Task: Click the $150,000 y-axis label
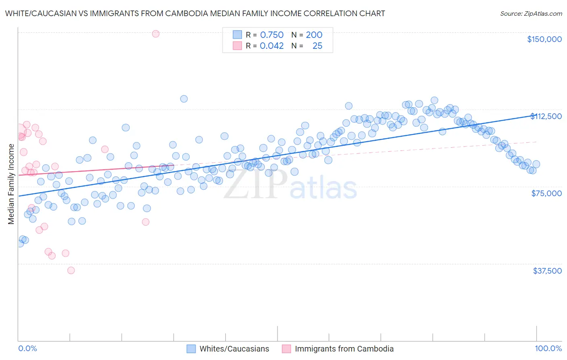(544, 39)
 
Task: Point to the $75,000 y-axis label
(546, 193)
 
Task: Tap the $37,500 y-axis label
(547, 271)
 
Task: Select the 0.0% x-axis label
(27, 348)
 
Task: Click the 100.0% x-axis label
(548, 348)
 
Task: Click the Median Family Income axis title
(11, 184)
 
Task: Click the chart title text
(195, 13)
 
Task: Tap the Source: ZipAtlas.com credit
(531, 13)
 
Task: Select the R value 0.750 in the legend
(272, 35)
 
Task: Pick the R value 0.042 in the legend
(272, 46)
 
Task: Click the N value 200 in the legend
(314, 35)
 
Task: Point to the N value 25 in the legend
(317, 46)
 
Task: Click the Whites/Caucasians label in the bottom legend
(234, 349)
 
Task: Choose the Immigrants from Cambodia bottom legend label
(344, 349)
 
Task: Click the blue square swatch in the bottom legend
(191, 349)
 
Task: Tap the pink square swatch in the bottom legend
(286, 349)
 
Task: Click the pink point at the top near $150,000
(156, 34)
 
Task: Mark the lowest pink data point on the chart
(71, 270)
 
